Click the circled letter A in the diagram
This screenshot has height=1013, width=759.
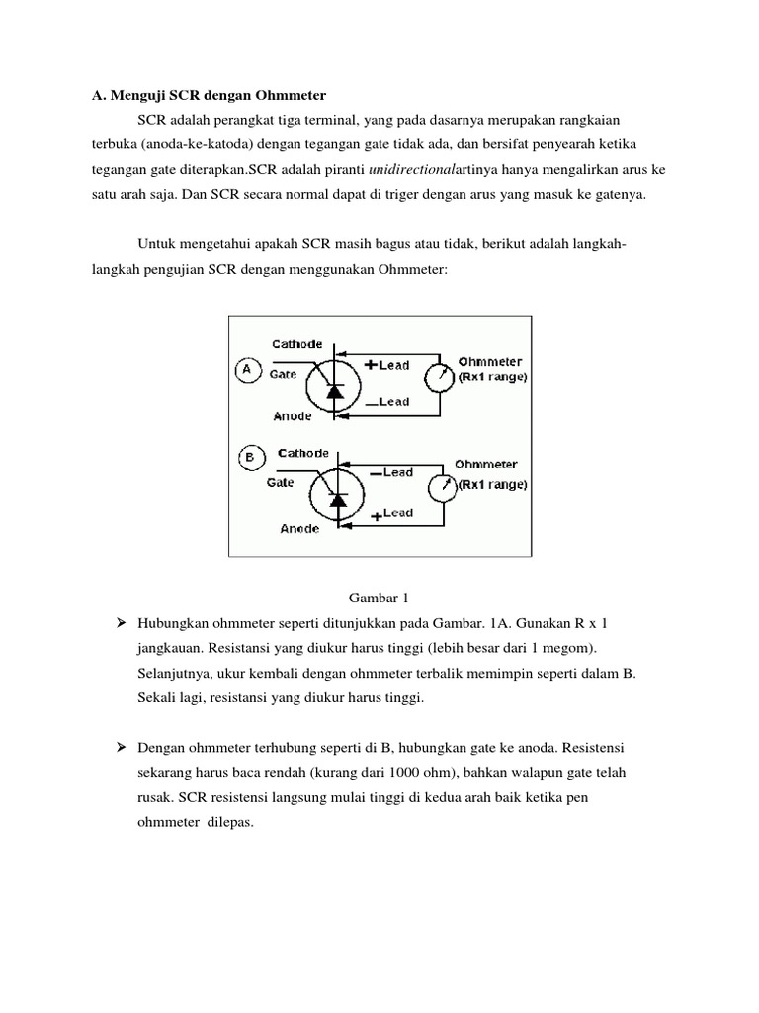point(246,370)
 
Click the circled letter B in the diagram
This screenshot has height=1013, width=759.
point(249,458)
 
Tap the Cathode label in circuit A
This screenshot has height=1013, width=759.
point(297,344)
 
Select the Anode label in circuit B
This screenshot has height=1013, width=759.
point(299,529)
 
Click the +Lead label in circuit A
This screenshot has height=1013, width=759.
point(387,365)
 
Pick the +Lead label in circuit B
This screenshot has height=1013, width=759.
point(392,514)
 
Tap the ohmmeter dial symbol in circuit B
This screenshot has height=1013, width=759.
point(441,486)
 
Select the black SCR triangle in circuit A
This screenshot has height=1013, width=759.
point(334,392)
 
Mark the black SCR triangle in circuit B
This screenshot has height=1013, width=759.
point(338,501)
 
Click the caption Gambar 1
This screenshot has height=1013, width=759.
point(379,598)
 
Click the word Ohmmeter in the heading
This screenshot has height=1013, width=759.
point(293,94)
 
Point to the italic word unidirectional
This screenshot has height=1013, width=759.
point(410,169)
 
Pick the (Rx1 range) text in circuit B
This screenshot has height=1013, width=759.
point(492,484)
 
